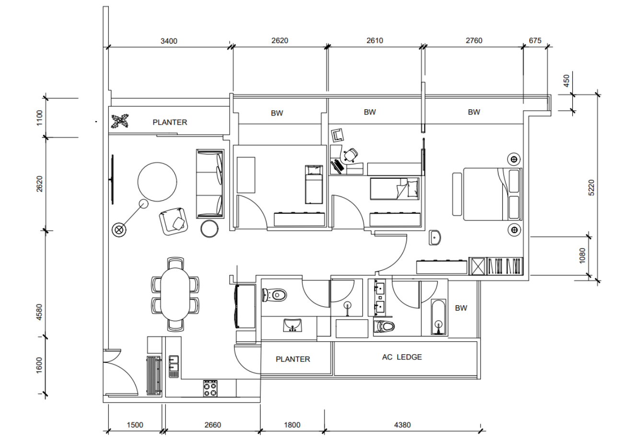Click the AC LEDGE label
[x=402, y=357]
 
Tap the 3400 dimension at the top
[x=169, y=41]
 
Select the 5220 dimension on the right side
[x=592, y=187]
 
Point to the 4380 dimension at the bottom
[x=402, y=425]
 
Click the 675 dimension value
[x=535, y=40]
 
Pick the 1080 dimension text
[x=582, y=256]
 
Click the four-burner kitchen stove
[x=210, y=388]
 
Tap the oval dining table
[x=175, y=294]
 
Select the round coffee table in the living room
[x=157, y=182]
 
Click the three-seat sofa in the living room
[x=210, y=184]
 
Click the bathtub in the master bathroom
[x=439, y=317]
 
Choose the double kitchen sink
[x=174, y=367]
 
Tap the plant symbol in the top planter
[x=120, y=121]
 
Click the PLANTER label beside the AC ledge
[x=293, y=359]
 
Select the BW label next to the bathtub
[x=461, y=308]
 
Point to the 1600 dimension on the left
[x=39, y=365]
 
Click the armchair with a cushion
[x=174, y=221]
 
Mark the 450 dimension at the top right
[x=567, y=81]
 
